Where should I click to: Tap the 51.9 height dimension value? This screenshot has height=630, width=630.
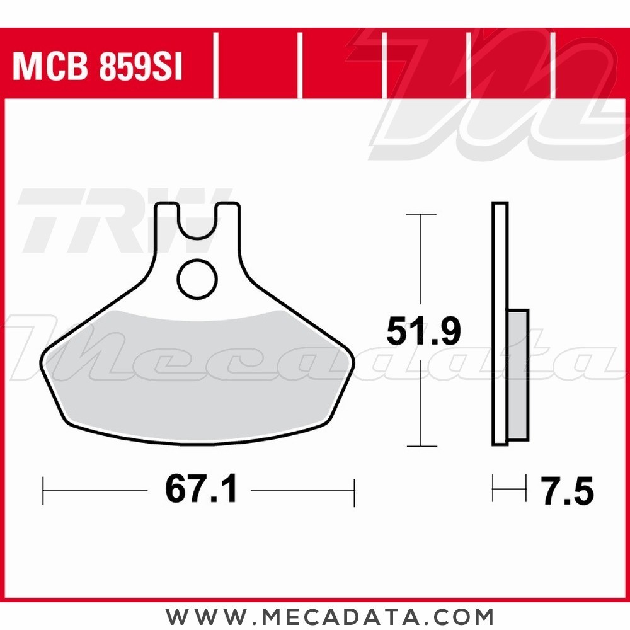tap(423, 332)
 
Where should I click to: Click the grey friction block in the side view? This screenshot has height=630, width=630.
tap(518, 375)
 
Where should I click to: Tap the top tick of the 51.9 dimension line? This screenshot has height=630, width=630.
tap(421, 215)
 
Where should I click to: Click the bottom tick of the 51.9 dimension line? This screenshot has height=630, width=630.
tap(421, 446)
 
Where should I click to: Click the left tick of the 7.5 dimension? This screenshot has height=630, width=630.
tap(493, 489)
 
